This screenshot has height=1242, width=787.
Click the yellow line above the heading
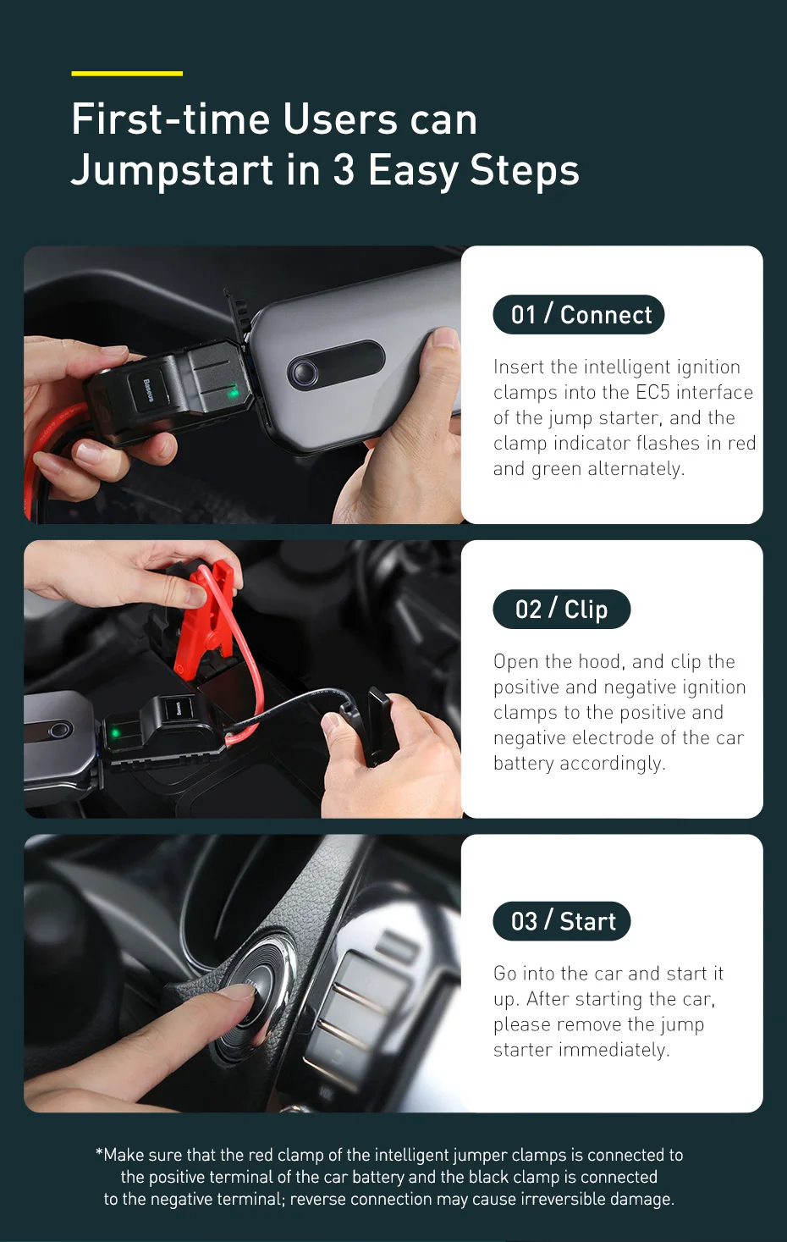(x=127, y=73)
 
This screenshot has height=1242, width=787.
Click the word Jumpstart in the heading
(x=173, y=171)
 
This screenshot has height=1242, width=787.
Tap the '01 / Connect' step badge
(x=579, y=314)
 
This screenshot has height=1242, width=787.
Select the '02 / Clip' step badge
(x=561, y=609)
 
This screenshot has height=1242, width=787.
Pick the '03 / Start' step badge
(x=561, y=921)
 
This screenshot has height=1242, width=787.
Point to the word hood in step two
(x=602, y=661)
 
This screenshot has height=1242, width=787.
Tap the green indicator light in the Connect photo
(x=234, y=393)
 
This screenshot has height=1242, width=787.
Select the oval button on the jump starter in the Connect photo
(x=336, y=370)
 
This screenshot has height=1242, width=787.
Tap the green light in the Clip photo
(x=116, y=733)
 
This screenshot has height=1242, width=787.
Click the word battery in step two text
(x=524, y=763)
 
